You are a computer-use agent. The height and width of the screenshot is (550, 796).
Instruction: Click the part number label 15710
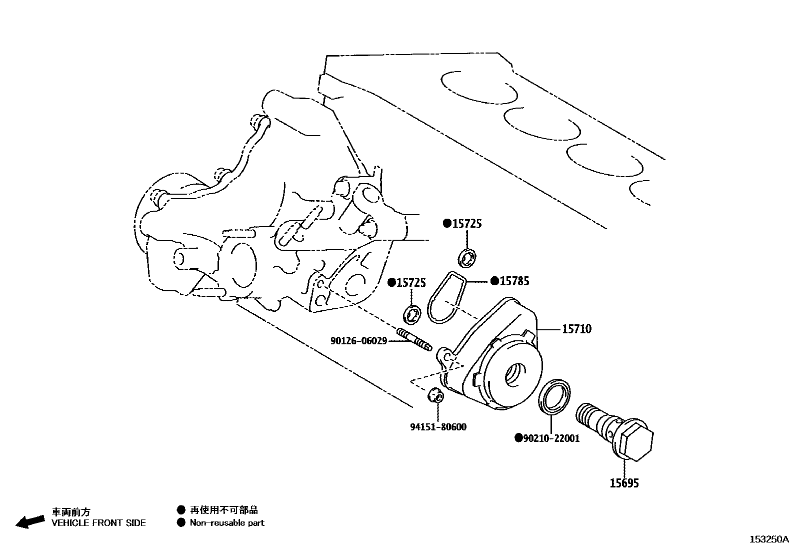pos(576,329)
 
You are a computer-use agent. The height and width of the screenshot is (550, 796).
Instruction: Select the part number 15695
pos(623,483)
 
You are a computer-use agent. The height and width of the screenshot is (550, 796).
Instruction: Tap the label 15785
pos(514,281)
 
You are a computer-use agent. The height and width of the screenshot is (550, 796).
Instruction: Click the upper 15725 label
pos(467,224)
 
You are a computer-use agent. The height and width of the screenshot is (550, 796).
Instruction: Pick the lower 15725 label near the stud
pos(411,283)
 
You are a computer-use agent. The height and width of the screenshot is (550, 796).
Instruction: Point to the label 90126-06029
pos(358,341)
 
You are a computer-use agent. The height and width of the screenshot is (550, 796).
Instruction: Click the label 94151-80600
pos(438,427)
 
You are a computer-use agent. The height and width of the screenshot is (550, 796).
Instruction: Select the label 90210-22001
pos(551,438)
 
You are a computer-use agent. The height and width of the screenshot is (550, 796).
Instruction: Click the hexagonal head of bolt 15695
pos(636,442)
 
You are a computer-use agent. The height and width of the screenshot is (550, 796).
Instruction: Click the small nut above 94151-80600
pos(436,395)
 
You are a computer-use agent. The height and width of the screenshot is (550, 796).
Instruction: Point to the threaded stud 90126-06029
pos(414,339)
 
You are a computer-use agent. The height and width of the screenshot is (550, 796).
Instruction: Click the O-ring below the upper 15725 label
pos(468,257)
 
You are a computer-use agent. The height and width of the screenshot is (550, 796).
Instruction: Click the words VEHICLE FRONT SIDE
pos(98,523)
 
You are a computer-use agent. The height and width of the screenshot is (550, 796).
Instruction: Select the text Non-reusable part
pos(226,523)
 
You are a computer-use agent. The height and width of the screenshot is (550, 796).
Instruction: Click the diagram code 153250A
pos(768,539)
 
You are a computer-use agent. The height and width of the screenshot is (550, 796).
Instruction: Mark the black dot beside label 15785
pos(494,281)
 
